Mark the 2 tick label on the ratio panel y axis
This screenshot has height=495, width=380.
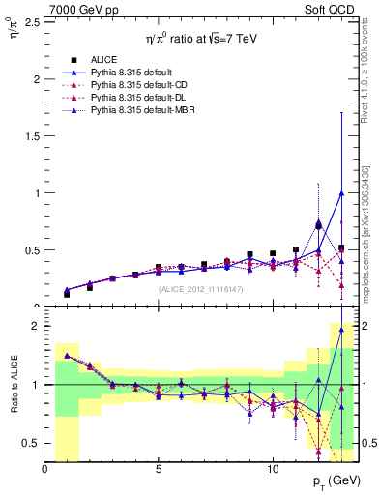(x=35, y=327)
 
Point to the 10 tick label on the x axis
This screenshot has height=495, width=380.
(x=273, y=468)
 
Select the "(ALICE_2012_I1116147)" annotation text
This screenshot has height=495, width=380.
(x=201, y=288)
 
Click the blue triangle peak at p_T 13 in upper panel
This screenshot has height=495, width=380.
(x=341, y=192)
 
